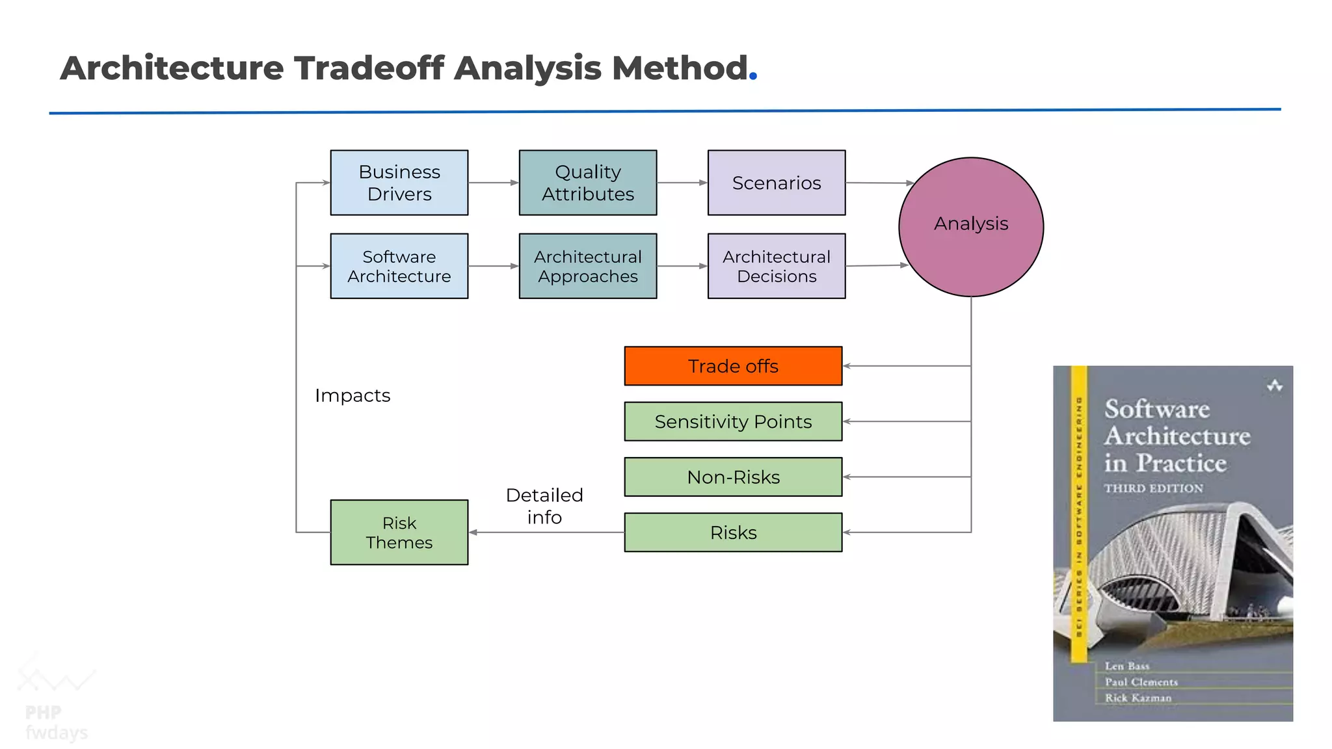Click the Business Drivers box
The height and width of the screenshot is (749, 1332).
(399, 183)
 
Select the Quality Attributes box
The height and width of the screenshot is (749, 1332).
(587, 183)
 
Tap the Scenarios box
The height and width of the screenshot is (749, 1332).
(776, 183)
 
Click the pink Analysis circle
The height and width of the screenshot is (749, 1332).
(970, 227)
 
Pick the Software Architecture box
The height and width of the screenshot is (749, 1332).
(399, 266)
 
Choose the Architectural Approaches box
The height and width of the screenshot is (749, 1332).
(587, 266)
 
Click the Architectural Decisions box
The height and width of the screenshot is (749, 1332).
(776, 266)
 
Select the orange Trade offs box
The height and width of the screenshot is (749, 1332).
(733, 366)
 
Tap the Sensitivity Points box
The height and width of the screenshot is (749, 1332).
(733, 421)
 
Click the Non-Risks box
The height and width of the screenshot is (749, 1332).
(733, 477)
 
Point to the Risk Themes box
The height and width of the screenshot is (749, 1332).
(399, 532)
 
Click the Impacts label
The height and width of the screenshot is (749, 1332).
(353, 395)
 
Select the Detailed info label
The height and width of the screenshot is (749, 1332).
(544, 506)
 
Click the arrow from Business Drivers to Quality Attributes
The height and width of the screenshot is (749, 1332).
(493, 183)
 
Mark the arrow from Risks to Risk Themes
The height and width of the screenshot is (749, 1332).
(546, 532)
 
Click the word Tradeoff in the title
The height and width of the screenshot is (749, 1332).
(369, 68)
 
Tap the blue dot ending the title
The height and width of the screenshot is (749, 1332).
(753, 76)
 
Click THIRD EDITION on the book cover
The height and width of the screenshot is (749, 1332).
(1153, 488)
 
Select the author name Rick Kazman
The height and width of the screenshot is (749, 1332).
(1138, 698)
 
